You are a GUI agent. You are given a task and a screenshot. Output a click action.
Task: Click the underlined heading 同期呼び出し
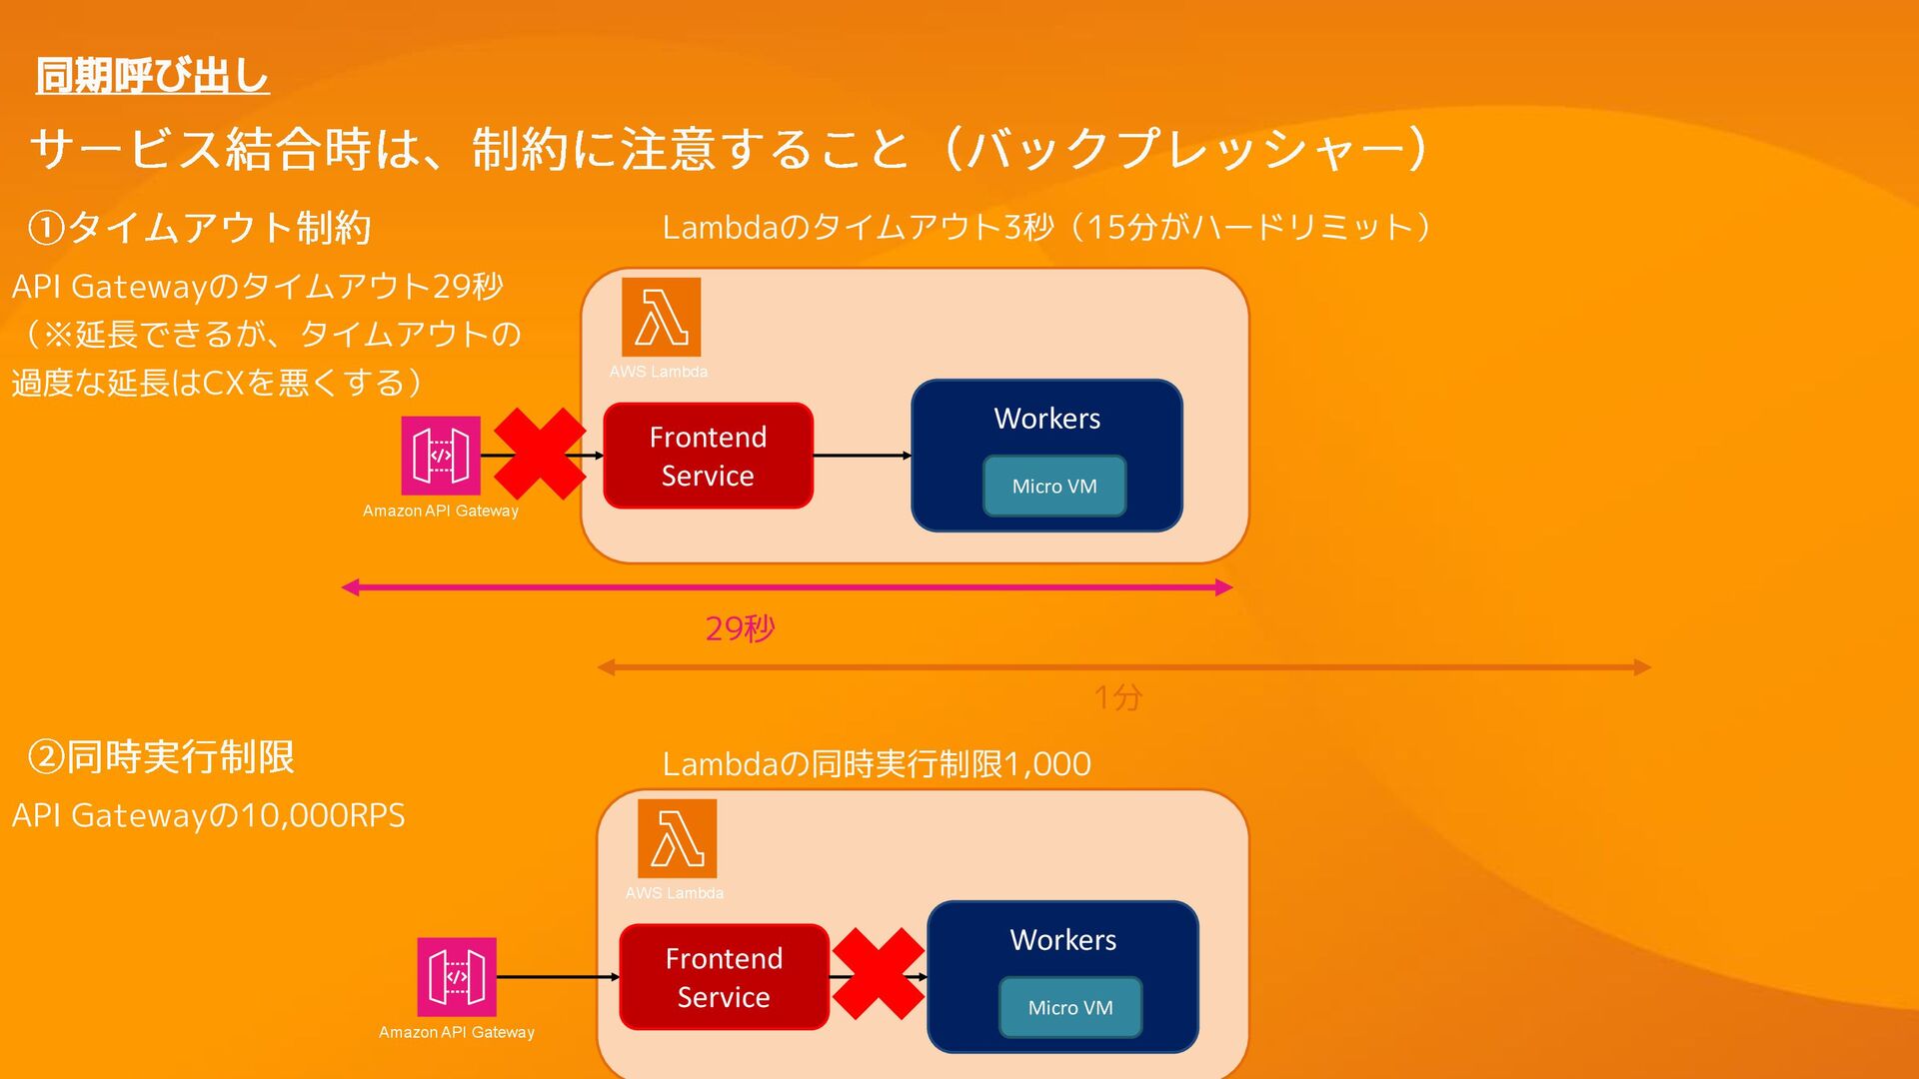coord(152,76)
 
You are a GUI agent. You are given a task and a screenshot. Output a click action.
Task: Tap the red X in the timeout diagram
coord(540,455)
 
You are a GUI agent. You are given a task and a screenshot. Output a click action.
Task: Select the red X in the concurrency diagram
coord(878,974)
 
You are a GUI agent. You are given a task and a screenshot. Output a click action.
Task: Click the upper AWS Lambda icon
coord(661,318)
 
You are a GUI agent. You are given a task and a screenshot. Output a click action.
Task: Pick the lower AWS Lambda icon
coord(677,839)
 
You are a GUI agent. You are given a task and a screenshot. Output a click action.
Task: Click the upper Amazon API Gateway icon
coord(441,456)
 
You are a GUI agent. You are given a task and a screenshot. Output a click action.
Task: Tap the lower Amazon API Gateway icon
coord(457,977)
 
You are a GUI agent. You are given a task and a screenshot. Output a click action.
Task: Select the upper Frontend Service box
coord(708,456)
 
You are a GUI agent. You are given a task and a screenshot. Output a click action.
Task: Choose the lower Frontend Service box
coord(724,977)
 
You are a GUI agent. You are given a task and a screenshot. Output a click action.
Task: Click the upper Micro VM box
coord(1054,487)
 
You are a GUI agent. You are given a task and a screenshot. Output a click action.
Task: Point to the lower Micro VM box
coord(1070,1008)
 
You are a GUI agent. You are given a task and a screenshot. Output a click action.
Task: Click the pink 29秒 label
coord(740,628)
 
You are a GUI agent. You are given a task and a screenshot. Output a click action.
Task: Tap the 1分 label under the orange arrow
coord(1117,697)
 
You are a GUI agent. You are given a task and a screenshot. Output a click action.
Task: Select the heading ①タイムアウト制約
coord(200,228)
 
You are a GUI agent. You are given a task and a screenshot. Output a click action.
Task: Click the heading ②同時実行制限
coord(161,757)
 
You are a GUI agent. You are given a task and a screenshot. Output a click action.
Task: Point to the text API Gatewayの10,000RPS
coord(208,815)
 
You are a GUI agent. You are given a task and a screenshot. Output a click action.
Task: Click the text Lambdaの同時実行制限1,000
coord(877,764)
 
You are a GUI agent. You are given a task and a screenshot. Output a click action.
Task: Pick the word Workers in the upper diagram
coord(1046,419)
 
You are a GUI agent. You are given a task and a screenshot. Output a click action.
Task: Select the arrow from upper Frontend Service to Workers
coord(862,456)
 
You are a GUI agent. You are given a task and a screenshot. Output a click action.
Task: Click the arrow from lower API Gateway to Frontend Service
coord(557,977)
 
